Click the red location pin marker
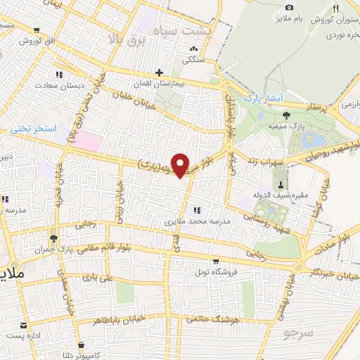coord(181,165)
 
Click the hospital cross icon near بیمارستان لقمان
coord(160,72)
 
